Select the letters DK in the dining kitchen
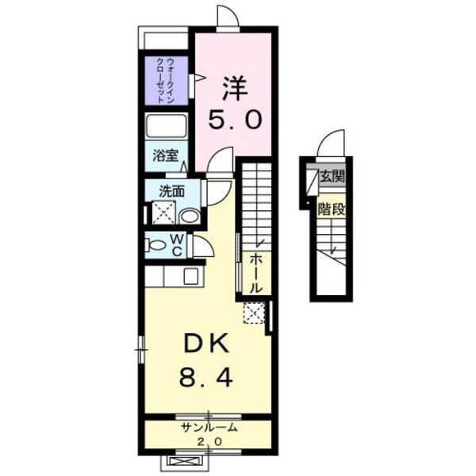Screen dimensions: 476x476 click(208, 344)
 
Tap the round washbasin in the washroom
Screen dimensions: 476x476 click(189, 215)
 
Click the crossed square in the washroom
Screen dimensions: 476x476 click(163, 212)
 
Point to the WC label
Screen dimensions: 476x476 click(177, 244)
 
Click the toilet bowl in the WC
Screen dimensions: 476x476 click(155, 244)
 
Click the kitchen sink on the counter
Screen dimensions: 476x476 click(191, 275)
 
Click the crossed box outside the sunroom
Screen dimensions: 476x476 click(184, 460)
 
